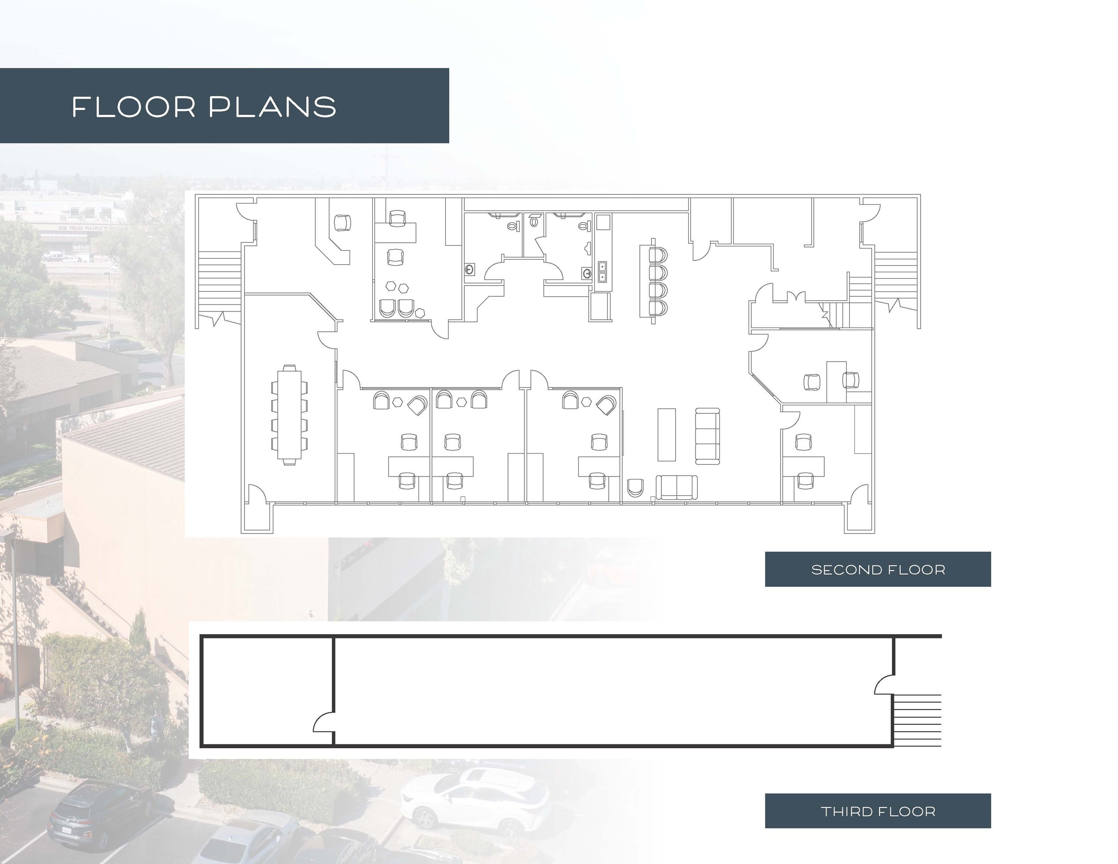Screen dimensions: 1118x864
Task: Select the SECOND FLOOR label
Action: coord(878,569)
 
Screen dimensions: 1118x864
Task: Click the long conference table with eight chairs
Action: coord(290,415)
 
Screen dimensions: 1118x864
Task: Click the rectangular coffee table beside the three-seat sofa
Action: coord(667,435)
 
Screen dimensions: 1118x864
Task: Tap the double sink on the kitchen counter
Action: coord(603,271)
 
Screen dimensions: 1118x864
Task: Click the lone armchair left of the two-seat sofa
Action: coord(635,487)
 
